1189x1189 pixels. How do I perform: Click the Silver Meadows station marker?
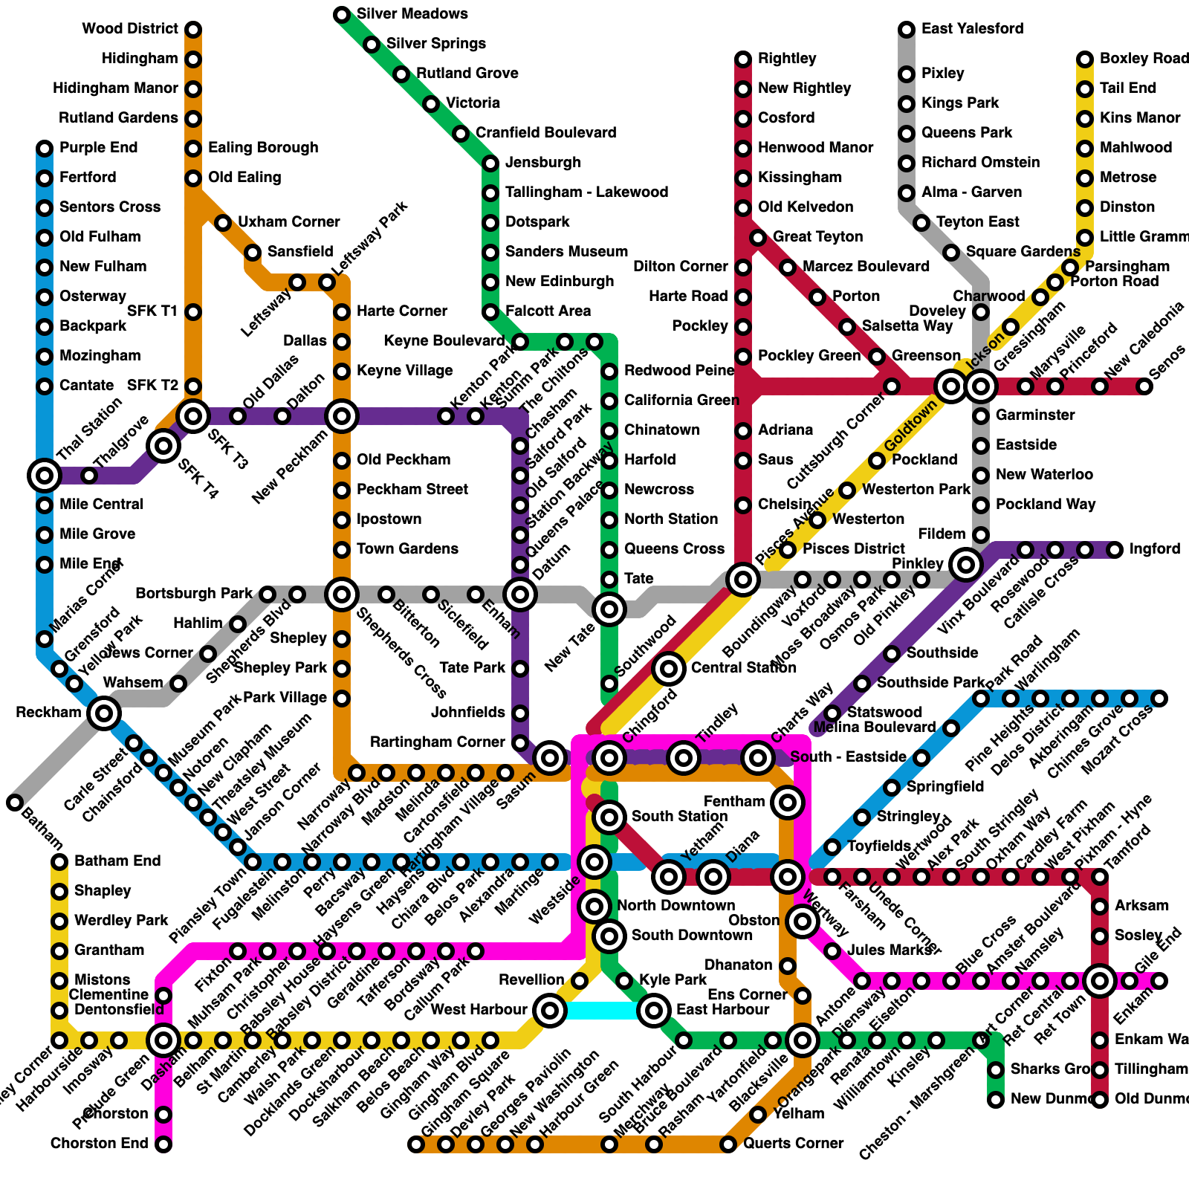[342, 15]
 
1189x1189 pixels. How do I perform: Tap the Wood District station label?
[130, 29]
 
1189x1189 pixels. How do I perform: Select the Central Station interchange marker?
[669, 669]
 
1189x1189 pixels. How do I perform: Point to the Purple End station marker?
[45, 149]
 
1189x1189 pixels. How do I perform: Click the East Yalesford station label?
[972, 29]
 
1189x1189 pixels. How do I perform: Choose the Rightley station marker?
[743, 59]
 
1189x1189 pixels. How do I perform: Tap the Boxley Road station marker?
[1085, 59]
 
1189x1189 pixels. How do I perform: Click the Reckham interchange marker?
[104, 713]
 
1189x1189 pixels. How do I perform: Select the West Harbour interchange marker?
[550, 1011]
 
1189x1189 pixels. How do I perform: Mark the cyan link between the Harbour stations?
[602, 1011]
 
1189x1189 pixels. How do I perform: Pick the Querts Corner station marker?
[728, 1144]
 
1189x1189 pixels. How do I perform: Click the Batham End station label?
[117, 861]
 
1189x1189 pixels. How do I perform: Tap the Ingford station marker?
[1115, 550]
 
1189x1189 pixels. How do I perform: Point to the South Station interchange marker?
[609, 817]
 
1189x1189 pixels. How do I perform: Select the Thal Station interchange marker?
[45, 476]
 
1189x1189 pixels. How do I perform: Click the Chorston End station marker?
[163, 1144]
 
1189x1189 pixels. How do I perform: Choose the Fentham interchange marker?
[788, 803]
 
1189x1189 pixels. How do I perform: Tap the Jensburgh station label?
[542, 163]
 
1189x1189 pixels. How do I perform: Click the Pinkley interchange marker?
[966, 565]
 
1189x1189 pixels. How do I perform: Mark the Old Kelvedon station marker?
[743, 208]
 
